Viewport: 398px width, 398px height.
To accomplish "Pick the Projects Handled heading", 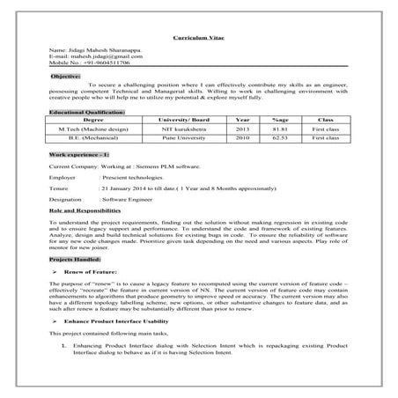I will click(x=75, y=261).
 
